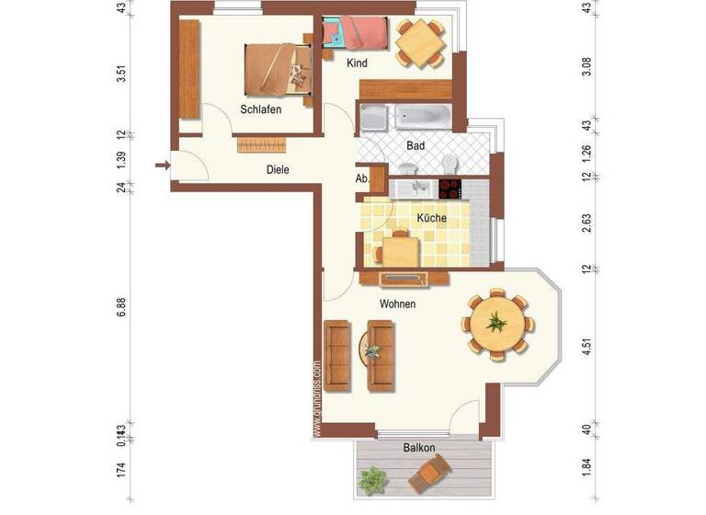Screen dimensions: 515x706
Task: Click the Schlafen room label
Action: pos(260,109)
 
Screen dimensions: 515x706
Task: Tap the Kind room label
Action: pos(359,64)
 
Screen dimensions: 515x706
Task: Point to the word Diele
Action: pos(279,169)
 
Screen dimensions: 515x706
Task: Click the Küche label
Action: pos(432,218)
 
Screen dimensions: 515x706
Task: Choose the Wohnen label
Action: pos(397,303)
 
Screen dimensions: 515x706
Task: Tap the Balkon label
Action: pos(418,448)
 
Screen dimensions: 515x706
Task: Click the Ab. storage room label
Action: pos(362,179)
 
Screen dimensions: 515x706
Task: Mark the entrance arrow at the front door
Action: pos(162,166)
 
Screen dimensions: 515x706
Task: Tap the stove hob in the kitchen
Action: pos(450,189)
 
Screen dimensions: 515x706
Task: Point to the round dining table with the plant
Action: pos(496,323)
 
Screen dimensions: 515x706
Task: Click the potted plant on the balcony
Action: pos(373,480)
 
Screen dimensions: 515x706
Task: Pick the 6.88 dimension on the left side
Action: pos(120,309)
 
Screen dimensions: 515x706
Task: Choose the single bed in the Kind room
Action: pos(357,35)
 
